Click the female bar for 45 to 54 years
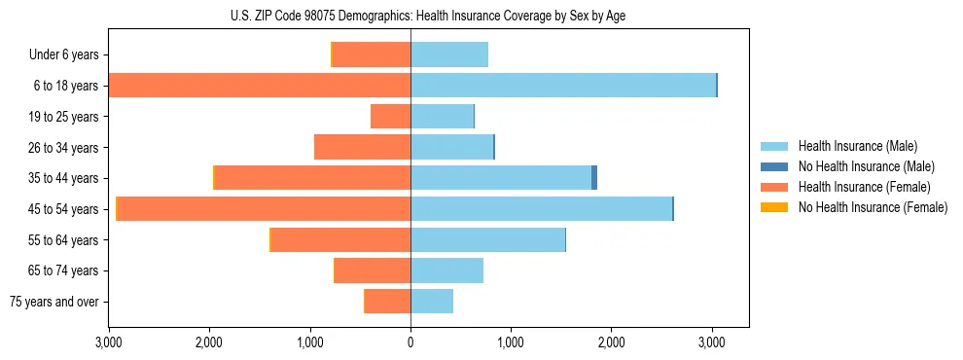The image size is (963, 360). coord(263,209)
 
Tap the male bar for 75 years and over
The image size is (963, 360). coord(432,302)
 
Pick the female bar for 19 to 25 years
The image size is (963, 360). coord(391,117)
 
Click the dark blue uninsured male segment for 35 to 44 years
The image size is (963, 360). coord(594,178)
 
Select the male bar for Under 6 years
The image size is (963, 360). coord(449,54)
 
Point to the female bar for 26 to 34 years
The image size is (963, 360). coord(363,148)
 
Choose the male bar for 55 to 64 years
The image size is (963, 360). coord(487,239)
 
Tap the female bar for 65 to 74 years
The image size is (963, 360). coord(373,270)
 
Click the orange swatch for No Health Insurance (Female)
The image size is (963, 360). coord(774,207)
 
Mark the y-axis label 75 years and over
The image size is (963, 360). coord(54,302)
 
